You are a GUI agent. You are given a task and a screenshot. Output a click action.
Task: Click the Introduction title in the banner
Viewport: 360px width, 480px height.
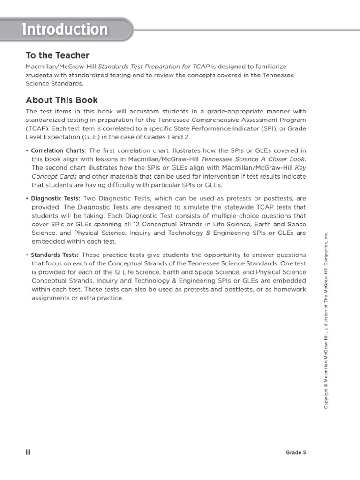(x=66, y=30)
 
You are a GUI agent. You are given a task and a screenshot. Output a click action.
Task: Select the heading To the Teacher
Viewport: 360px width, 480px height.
(x=57, y=55)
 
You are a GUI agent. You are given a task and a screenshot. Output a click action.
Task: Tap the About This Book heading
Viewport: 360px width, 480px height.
(x=62, y=100)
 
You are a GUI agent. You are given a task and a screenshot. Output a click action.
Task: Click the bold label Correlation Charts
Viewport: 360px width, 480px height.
(x=59, y=150)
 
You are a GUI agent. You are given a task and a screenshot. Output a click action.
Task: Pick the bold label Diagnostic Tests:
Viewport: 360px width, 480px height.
(x=56, y=198)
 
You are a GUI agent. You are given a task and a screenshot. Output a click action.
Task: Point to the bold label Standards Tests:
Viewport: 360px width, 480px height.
(x=55, y=255)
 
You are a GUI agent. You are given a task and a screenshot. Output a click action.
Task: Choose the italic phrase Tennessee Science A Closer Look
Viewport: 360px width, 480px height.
(x=253, y=159)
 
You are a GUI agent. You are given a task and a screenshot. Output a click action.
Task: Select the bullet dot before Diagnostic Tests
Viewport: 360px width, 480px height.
(x=27, y=198)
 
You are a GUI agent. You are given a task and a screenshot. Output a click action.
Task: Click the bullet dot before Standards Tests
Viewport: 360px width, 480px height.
(x=27, y=255)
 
